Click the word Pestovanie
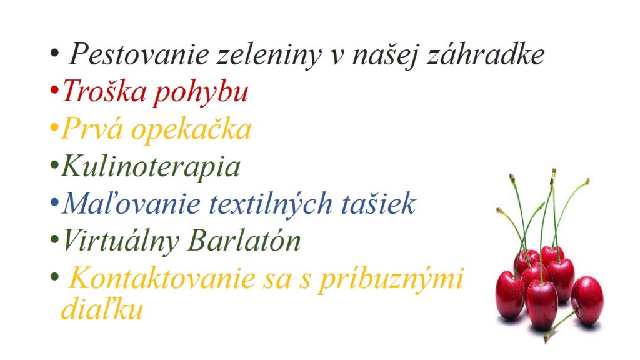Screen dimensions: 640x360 (x=139, y=54)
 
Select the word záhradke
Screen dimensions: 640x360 (x=485, y=54)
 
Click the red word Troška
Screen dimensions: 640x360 (x=104, y=90)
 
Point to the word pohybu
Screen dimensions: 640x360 (x=201, y=92)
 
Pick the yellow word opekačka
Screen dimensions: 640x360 (x=191, y=129)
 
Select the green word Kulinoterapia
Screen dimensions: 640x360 (x=151, y=167)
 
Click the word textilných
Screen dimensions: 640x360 (x=271, y=204)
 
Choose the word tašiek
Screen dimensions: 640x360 (x=378, y=203)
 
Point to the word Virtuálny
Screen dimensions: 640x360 (x=121, y=241)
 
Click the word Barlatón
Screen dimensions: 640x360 (x=244, y=240)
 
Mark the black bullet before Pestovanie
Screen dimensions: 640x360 (x=54, y=53)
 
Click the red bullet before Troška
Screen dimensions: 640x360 (x=54, y=90)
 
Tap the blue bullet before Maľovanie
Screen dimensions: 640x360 (x=54, y=202)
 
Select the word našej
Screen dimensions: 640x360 (x=384, y=55)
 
